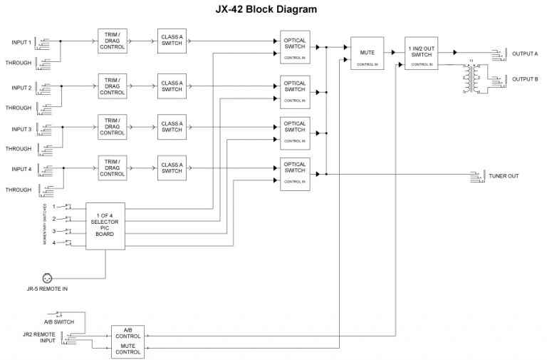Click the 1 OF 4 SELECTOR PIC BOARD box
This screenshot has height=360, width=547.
[105, 225]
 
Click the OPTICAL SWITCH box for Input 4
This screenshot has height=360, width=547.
[294, 173]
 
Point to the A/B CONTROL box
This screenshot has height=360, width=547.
[127, 332]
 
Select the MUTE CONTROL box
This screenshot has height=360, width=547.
[127, 349]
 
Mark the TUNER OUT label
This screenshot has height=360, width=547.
[502, 175]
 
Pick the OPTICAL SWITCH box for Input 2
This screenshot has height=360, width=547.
[294, 91]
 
